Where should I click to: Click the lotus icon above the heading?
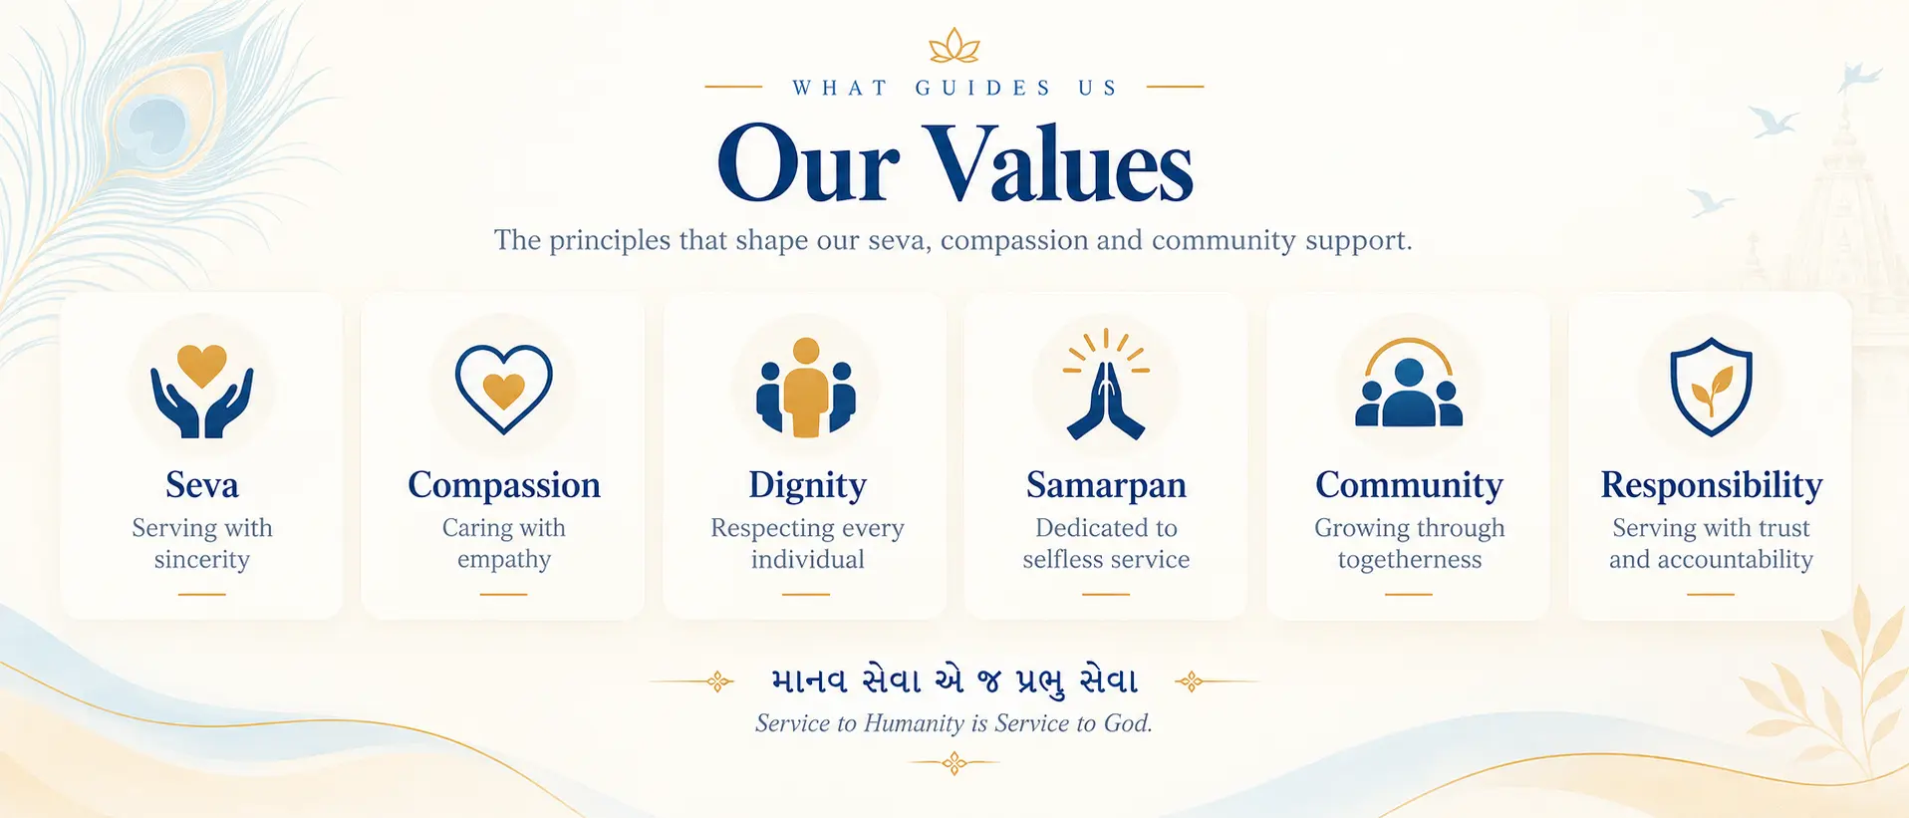tap(954, 46)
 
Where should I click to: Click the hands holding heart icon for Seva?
tap(202, 391)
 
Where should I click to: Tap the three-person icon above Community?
tap(1409, 384)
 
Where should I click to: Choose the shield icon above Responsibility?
tap(1711, 387)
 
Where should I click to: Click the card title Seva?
tap(202, 485)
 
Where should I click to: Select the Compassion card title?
tap(504, 486)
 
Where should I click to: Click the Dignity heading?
tap(807, 486)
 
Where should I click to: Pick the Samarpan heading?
tap(1106, 486)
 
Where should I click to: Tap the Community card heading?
tap(1409, 486)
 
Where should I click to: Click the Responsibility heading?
tap(1712, 486)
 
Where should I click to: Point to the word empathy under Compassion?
tap(504, 561)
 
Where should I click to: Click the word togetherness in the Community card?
tap(1410, 561)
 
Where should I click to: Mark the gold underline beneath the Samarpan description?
tap(1106, 594)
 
